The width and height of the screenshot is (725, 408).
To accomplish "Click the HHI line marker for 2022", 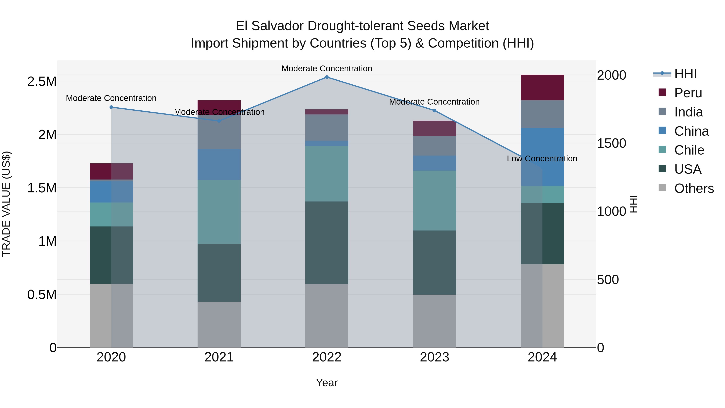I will [x=327, y=77].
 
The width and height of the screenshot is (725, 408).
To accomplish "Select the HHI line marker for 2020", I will [x=111, y=107].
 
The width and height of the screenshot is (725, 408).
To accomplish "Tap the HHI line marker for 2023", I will [x=435, y=111].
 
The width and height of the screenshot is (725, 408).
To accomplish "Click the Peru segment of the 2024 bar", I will [x=542, y=88].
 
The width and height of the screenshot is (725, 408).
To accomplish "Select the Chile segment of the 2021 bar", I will [x=219, y=212].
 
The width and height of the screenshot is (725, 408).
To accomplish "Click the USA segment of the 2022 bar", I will [x=327, y=243].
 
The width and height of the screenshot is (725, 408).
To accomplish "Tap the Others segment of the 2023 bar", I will [x=435, y=321].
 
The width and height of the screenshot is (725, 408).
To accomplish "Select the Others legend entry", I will [x=694, y=188].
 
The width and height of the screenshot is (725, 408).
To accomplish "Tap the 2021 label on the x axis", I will [x=219, y=357].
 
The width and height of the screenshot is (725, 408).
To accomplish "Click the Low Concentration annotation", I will [x=542, y=159].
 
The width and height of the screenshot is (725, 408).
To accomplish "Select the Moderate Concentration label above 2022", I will [x=327, y=69].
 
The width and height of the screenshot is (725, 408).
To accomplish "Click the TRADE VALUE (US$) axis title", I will [x=6, y=204].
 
